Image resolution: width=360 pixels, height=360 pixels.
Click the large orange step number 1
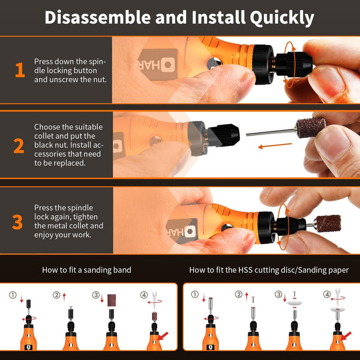point(20,70)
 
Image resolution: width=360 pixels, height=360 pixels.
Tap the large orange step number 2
point(19,146)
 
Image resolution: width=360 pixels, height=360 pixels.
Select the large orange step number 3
point(18,221)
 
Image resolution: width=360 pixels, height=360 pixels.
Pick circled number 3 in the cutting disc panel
point(278,295)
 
